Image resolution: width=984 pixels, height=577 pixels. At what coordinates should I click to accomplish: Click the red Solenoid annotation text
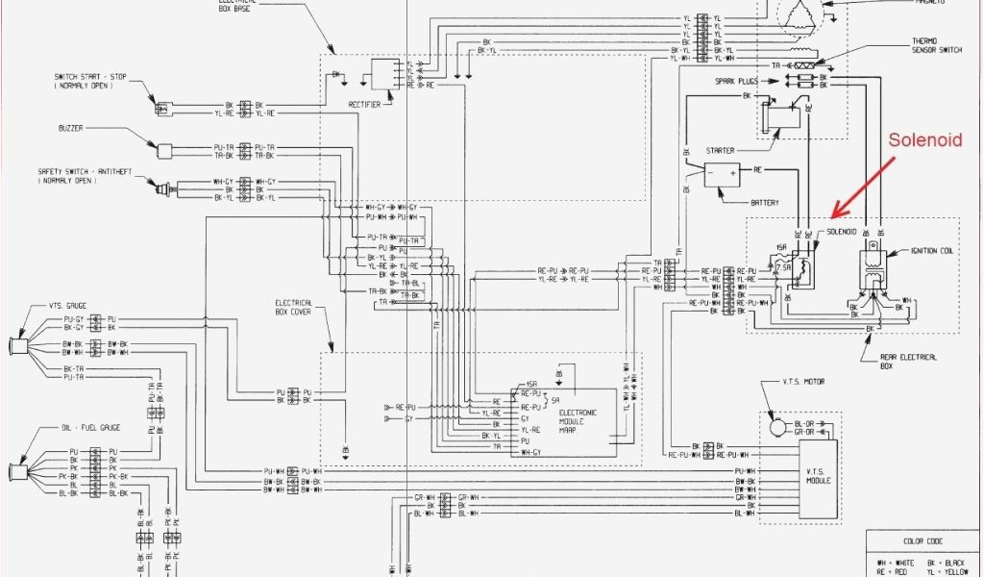click(x=924, y=140)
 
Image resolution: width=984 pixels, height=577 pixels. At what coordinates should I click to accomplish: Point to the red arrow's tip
click(x=834, y=216)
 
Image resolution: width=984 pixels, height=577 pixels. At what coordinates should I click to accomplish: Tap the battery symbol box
click(x=722, y=175)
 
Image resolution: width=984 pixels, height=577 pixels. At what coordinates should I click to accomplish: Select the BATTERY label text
click(x=765, y=203)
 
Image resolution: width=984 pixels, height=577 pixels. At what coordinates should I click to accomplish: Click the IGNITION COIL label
click(x=933, y=252)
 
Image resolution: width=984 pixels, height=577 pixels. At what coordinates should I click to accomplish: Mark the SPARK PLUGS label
click(x=739, y=82)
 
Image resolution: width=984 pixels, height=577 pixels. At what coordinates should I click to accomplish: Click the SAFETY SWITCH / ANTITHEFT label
click(x=85, y=176)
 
